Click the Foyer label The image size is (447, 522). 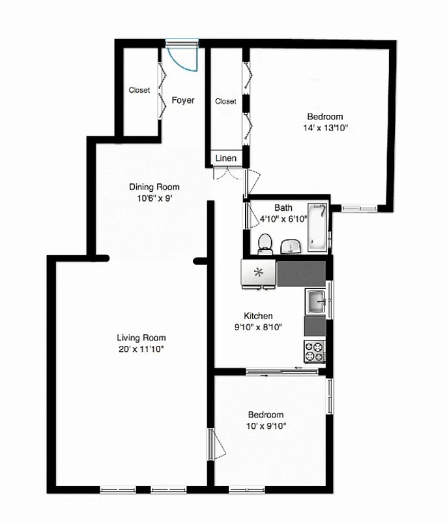point(183,100)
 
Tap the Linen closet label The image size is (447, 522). point(225,159)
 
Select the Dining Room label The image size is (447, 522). point(154,187)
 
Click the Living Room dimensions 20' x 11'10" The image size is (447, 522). point(141,349)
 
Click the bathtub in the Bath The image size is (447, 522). point(318,227)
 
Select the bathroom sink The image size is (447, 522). point(290,246)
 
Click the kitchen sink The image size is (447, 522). point(316,301)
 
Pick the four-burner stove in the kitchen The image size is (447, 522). point(314,351)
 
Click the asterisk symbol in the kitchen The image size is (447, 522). point(259,272)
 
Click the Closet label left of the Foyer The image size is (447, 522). point(139,90)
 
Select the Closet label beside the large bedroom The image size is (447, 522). point(225,101)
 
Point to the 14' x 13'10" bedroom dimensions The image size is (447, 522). point(326,128)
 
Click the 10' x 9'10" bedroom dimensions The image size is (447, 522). point(265,426)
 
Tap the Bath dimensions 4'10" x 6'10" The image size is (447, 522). point(283,219)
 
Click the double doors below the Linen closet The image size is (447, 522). point(226,173)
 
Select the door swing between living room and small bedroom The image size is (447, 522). point(216,444)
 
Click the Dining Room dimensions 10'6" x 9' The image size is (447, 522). point(154,198)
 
